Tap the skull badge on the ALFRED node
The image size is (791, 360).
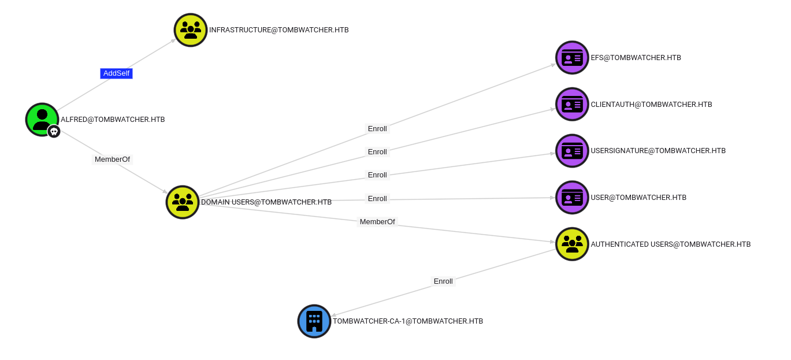(54, 132)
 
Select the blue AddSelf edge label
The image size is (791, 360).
(116, 73)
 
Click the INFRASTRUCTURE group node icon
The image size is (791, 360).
(191, 30)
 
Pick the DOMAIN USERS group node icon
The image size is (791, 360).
(183, 202)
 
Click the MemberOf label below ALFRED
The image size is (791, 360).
(112, 159)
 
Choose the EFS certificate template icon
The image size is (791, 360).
(572, 58)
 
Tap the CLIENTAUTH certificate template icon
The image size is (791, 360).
(572, 105)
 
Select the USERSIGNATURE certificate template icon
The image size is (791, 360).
(572, 151)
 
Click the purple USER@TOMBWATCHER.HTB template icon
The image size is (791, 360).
(572, 198)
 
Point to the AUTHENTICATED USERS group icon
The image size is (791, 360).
(572, 244)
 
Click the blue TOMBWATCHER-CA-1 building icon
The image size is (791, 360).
(314, 321)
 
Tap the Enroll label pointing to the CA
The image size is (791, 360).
(443, 281)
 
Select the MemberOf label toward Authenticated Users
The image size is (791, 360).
(377, 222)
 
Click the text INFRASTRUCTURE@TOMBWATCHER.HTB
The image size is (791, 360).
(278, 30)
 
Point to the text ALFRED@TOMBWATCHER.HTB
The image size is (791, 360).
(113, 120)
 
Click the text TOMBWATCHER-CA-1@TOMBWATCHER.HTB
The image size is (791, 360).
(407, 321)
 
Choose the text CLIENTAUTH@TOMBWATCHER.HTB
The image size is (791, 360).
(651, 105)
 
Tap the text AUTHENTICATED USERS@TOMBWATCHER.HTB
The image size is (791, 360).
(670, 244)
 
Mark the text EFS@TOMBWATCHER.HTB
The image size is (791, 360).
(636, 58)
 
